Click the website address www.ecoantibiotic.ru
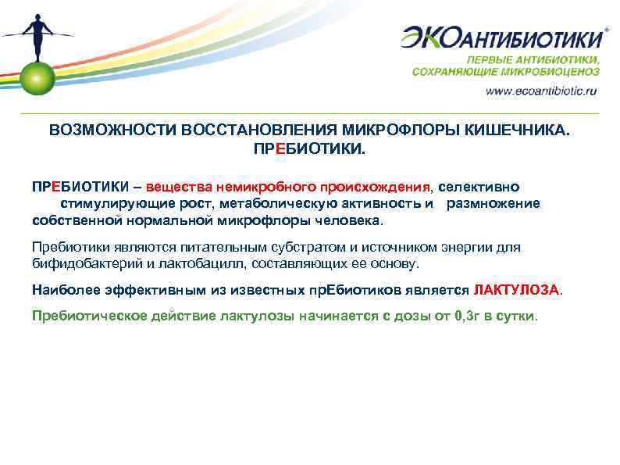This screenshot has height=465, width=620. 540,91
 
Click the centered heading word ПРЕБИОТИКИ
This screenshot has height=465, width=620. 310,148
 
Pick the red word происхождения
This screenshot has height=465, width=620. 374,188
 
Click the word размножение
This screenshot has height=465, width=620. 493,203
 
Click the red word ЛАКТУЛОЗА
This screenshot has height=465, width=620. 515,289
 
